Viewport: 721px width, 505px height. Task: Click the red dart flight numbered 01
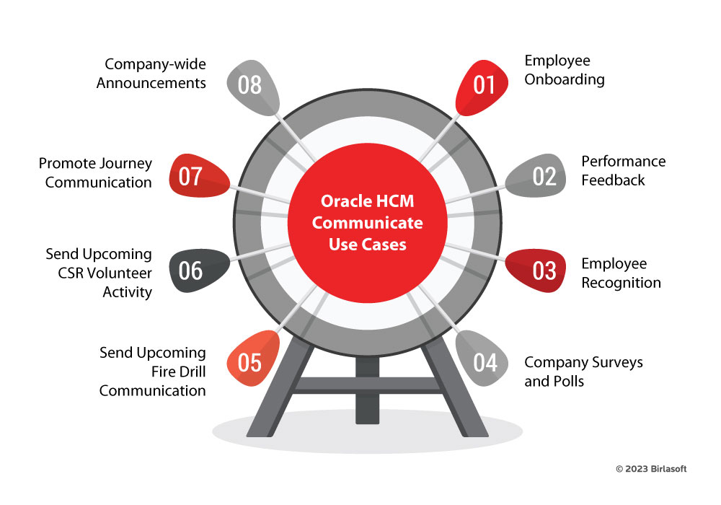tap(482, 85)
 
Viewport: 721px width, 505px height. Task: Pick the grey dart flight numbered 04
tap(482, 361)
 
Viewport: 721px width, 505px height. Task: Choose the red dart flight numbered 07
tap(192, 176)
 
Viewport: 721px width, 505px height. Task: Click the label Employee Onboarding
tap(564, 70)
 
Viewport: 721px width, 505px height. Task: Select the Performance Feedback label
tap(623, 171)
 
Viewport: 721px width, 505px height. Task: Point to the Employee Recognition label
tap(621, 273)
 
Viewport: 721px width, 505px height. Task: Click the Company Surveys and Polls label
tap(583, 372)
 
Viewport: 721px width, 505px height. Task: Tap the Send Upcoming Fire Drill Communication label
tap(153, 372)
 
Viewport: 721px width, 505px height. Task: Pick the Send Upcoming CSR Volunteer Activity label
tap(99, 273)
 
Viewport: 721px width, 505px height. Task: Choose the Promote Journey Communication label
tap(95, 172)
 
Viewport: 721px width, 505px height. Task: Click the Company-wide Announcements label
tap(151, 73)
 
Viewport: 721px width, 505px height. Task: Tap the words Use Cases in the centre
tap(367, 245)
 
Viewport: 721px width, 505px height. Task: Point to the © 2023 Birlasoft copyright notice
tap(651, 469)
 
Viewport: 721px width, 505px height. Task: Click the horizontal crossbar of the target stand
tap(367, 387)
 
